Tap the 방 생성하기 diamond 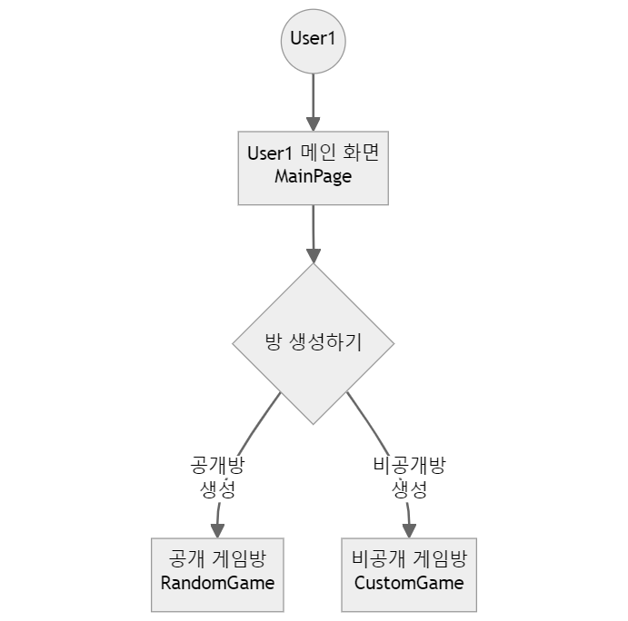(314, 343)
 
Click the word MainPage (313, 177)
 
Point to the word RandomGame (217, 583)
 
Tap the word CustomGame (409, 583)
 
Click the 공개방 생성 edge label (217, 478)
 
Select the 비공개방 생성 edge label (409, 478)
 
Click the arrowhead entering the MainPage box (314, 123)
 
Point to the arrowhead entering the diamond (314, 254)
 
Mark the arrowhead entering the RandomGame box (218, 530)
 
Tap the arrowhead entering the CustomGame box (409, 530)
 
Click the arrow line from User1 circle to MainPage (314, 95)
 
